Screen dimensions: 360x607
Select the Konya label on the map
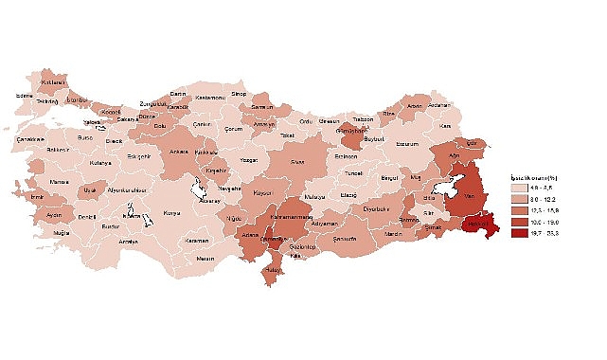(171, 213)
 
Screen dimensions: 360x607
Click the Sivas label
(296, 162)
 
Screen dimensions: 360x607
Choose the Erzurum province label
(406, 144)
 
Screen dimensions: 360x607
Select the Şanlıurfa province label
(344, 239)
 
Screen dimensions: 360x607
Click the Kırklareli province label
(54, 83)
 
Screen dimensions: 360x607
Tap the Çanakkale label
(30, 139)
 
